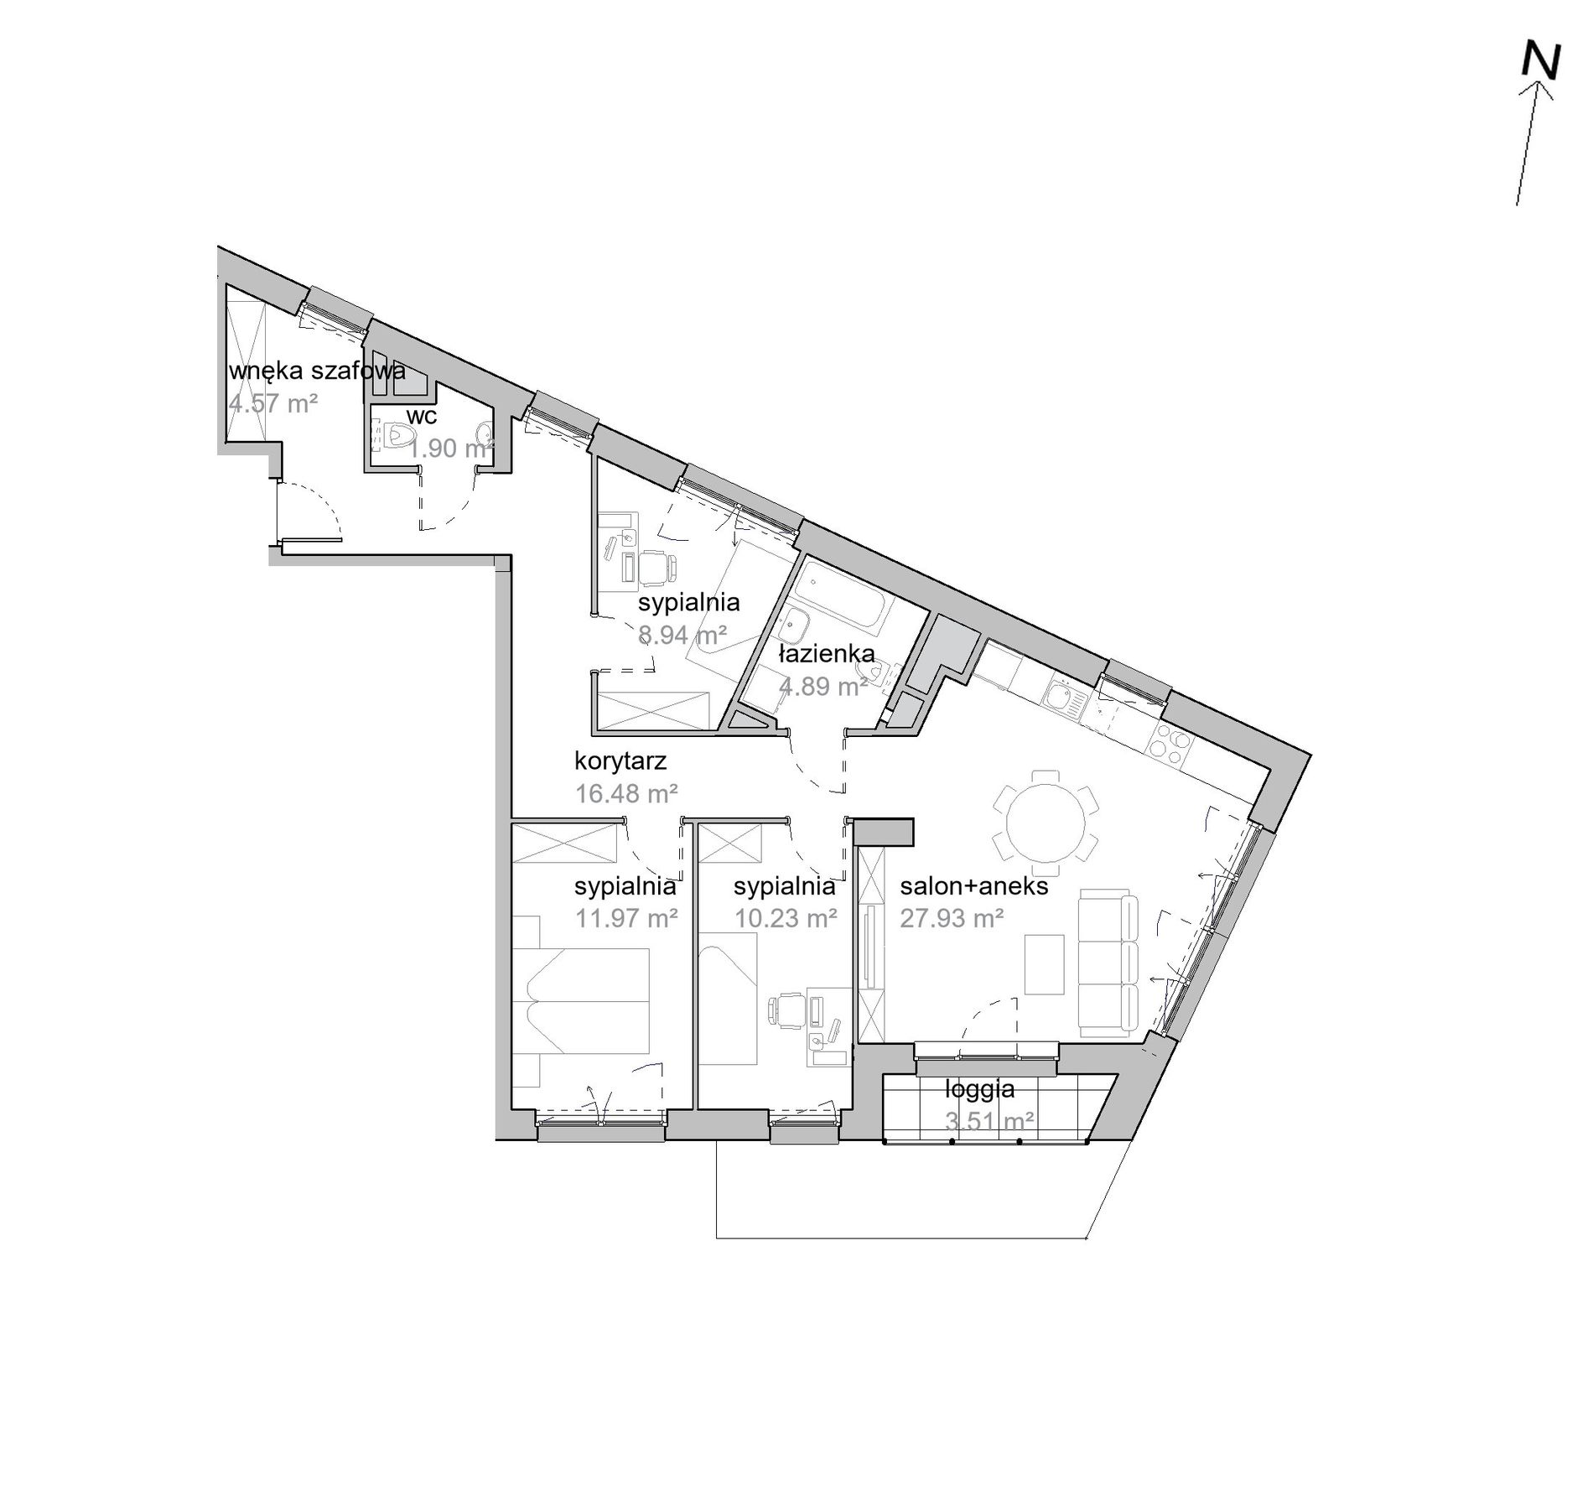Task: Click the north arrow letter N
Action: [1541, 61]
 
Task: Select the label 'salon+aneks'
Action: [974, 886]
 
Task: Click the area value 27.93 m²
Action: [952, 918]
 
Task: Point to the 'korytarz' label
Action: [620, 761]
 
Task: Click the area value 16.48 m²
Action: [626, 793]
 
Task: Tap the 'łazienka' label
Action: [827, 653]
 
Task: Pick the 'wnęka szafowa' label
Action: [317, 371]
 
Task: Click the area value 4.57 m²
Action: [273, 403]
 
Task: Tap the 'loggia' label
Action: [980, 1089]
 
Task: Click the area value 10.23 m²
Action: [786, 918]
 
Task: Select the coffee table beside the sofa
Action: [1045, 965]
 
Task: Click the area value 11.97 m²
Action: [626, 918]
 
